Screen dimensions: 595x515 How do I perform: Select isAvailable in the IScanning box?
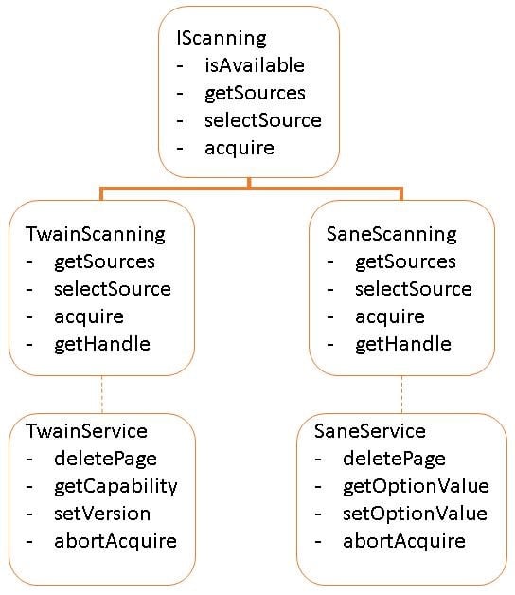coord(255,65)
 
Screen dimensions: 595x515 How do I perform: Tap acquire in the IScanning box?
coord(239,148)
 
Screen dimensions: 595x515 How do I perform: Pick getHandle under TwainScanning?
coord(101,344)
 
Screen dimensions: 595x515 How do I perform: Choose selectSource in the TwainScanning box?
coord(113,289)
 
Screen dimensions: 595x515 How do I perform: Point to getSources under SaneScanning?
coord(405,261)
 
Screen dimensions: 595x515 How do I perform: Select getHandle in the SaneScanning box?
coord(402,344)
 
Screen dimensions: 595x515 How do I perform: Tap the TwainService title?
coord(88,431)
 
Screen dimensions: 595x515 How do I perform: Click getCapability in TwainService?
coord(115,486)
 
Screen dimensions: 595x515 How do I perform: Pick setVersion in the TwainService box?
coord(102,514)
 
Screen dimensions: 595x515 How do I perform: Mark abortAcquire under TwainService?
coord(115,541)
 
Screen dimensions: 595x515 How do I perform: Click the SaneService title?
coord(369,431)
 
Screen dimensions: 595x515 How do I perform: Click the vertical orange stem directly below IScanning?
coord(249,184)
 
